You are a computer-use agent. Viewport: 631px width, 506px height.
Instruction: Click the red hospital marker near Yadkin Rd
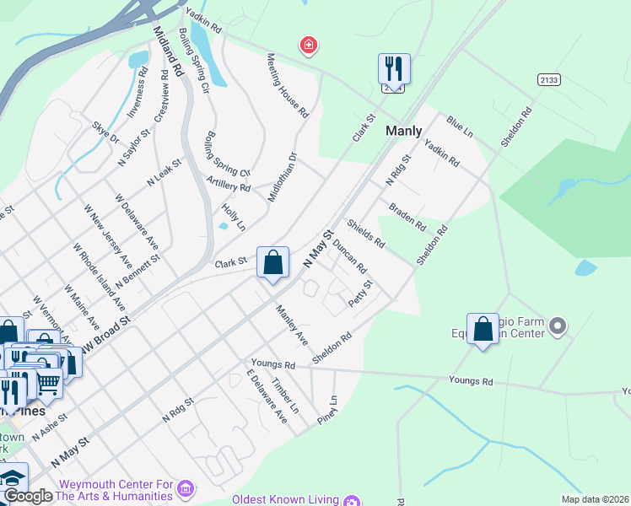coord(309,45)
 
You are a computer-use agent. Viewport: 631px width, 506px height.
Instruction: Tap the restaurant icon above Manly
coord(393,69)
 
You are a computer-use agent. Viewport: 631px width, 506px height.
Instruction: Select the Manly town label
coord(404,131)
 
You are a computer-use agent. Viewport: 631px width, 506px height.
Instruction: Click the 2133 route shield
coord(548,79)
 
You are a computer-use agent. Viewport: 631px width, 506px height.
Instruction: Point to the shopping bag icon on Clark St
coord(272,264)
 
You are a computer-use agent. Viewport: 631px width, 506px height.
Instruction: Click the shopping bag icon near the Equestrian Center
coord(483,330)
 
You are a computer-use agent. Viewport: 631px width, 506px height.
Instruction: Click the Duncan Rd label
coord(349,256)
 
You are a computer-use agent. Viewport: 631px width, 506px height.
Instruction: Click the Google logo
coord(28,497)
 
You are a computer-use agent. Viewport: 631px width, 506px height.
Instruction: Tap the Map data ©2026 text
coord(594,499)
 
